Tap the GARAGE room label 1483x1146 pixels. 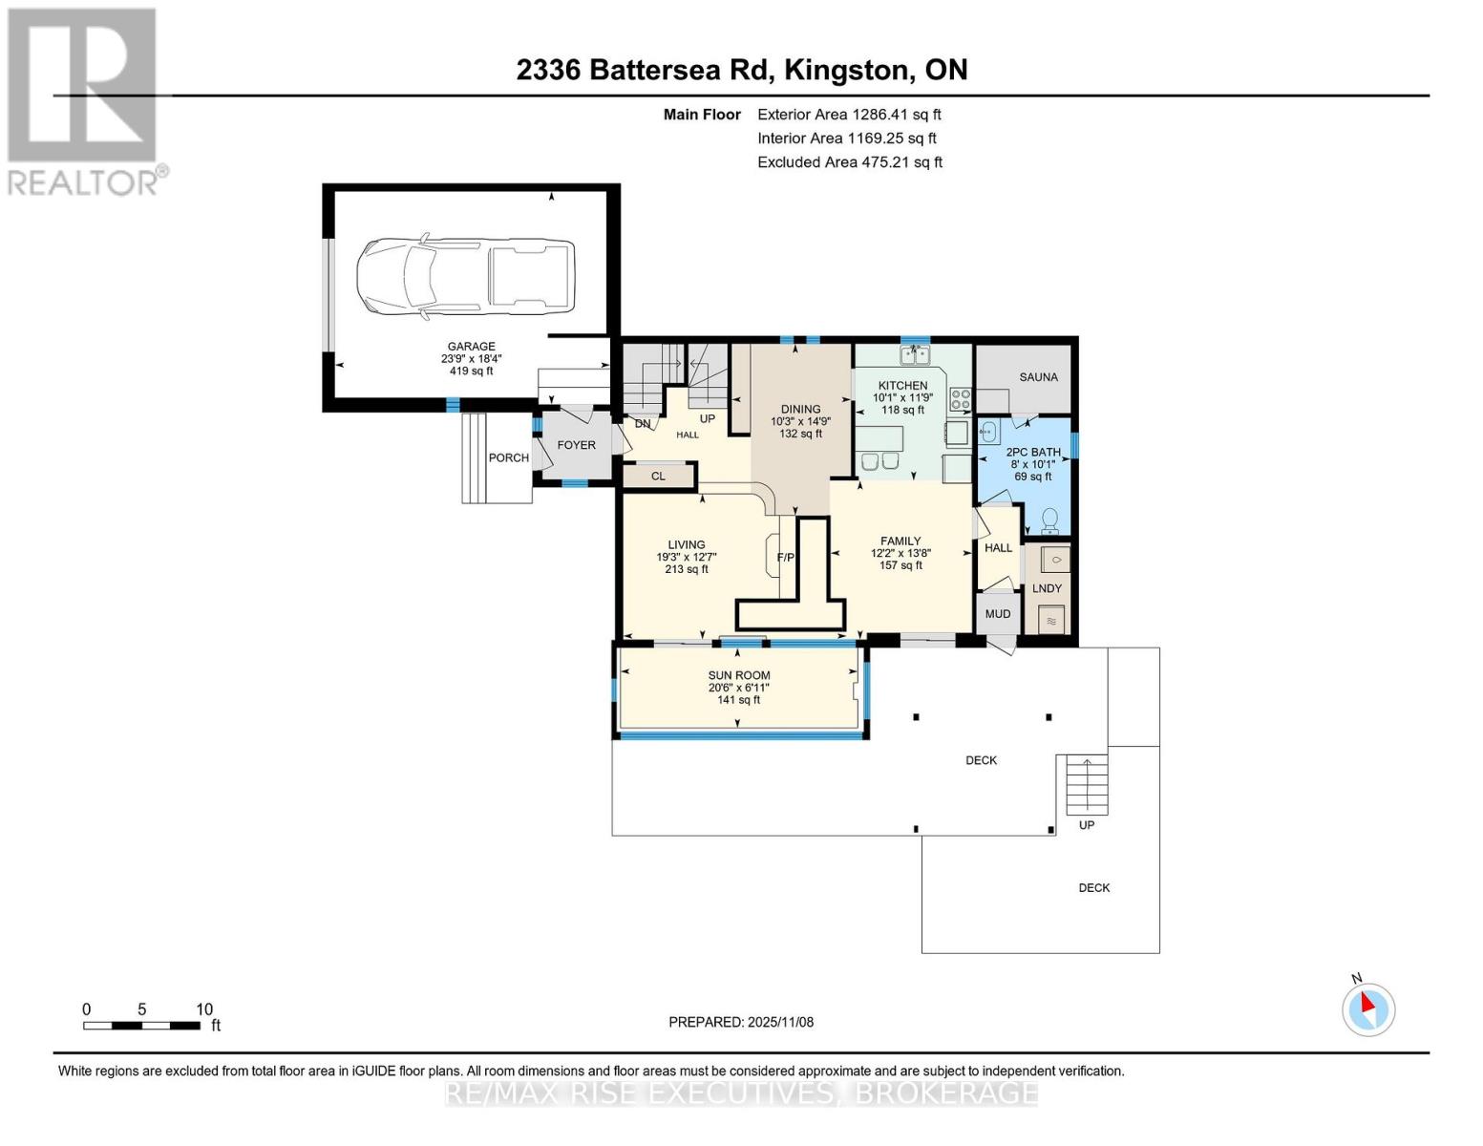point(472,347)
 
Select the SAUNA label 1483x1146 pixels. point(1038,377)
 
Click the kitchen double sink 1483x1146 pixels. point(915,356)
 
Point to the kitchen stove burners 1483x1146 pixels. point(960,399)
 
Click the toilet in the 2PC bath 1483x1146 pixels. point(1049,520)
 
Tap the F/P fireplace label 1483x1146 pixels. point(786,558)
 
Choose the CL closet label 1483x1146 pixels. point(658,476)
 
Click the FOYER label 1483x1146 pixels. point(576,445)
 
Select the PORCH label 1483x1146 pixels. point(508,457)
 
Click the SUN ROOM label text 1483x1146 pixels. point(739,675)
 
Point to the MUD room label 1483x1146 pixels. point(997,614)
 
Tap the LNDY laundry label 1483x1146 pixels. point(1047,588)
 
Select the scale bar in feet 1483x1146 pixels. point(141,1026)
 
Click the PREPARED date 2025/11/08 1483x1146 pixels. point(741,1022)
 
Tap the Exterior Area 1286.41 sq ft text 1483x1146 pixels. point(849,114)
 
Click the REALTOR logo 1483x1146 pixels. point(84,100)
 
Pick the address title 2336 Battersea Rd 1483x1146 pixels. point(741,70)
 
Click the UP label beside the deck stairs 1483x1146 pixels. point(1087,825)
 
